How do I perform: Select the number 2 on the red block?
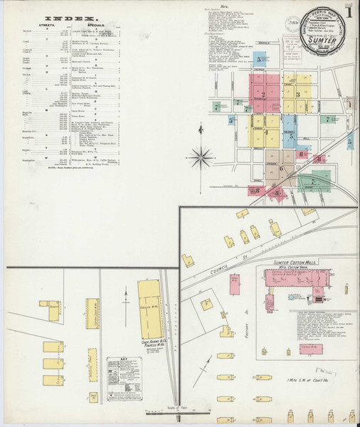pos(263,95)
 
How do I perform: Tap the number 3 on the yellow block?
pos(297,94)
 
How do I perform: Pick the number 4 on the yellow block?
pos(266,132)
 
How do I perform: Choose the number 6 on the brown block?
pos(282,168)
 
